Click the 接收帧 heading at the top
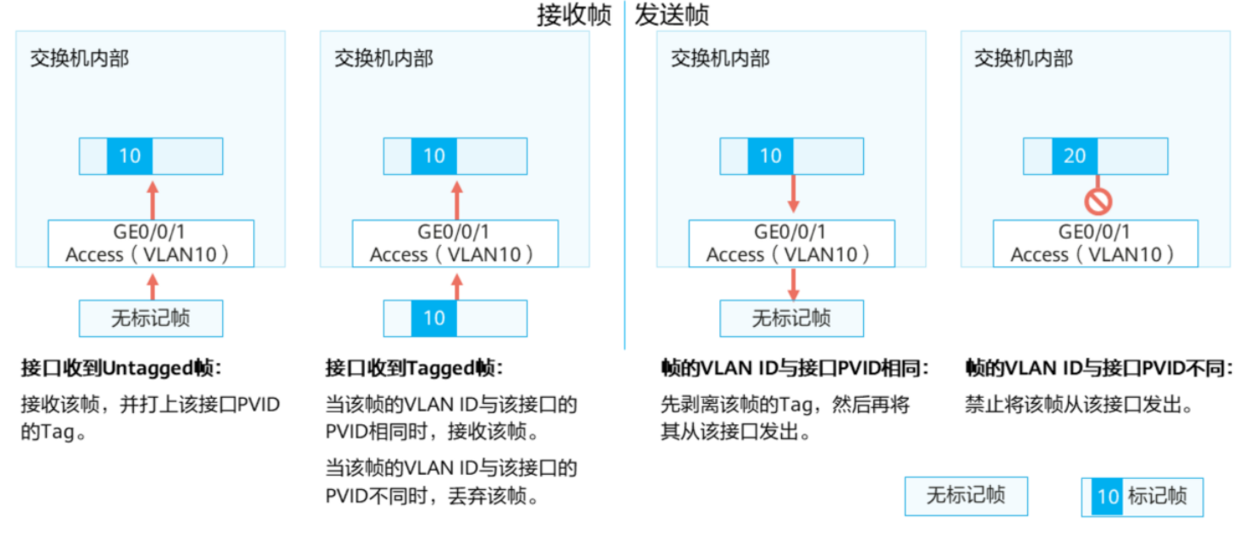[x=573, y=15]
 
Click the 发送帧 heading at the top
[x=672, y=15]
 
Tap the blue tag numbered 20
[x=1074, y=155]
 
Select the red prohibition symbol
[x=1098, y=201]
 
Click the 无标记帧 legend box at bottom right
[x=966, y=496]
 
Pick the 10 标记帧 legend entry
[x=1142, y=497]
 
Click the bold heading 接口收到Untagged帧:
[x=121, y=368]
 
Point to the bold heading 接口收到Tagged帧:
[x=414, y=368]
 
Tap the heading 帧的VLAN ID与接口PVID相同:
[x=795, y=368]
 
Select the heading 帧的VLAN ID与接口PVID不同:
[x=1099, y=368]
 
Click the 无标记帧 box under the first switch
[x=151, y=318]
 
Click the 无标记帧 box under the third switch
[x=792, y=318]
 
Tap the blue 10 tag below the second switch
[x=434, y=318]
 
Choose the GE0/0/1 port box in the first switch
[x=151, y=243]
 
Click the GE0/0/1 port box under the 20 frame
[x=1095, y=243]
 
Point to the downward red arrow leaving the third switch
[x=793, y=284]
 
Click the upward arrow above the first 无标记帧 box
[x=152, y=286]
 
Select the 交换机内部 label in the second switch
[x=384, y=58]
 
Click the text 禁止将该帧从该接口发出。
[x=1079, y=404]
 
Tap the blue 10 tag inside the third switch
[x=771, y=155]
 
